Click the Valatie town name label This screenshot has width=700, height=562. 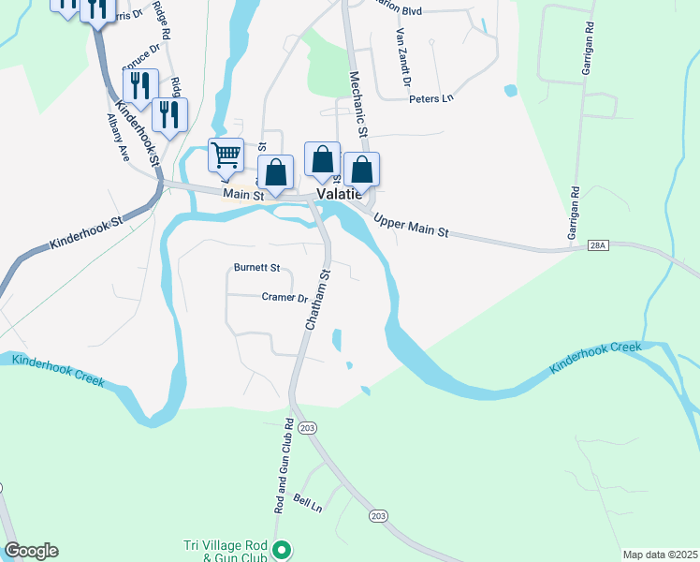tap(340, 193)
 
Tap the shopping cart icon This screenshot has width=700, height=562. tap(226, 155)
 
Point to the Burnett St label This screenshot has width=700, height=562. tap(257, 267)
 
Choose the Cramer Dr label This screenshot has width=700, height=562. tap(285, 298)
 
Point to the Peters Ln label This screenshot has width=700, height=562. tap(430, 97)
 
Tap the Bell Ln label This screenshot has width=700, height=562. tap(308, 503)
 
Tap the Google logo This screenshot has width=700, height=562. tap(32, 551)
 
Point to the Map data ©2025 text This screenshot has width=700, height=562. tap(659, 555)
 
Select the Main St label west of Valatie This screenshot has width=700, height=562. tap(241, 194)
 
